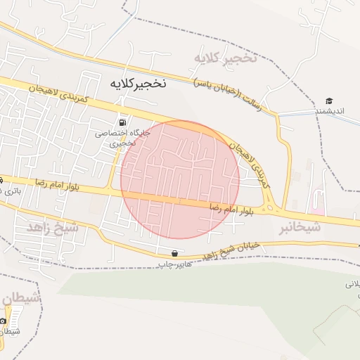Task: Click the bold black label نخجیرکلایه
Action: click(x=138, y=83)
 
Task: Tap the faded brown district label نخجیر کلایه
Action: click(x=226, y=58)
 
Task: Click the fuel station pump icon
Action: click(x=124, y=122)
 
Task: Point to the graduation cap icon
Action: click(x=329, y=101)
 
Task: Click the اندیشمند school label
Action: click(x=329, y=111)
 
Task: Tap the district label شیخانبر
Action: click(x=300, y=227)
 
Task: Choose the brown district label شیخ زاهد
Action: click(x=53, y=228)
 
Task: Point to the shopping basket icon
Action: click(x=174, y=253)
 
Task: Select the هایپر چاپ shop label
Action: click(x=173, y=264)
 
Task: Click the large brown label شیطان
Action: click(x=22, y=300)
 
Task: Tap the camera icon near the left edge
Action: click(x=4, y=321)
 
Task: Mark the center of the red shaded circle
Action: click(x=180, y=179)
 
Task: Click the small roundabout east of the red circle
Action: click(x=269, y=207)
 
